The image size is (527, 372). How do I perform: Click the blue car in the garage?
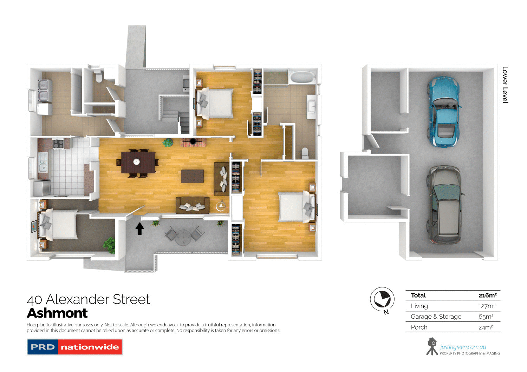click(x=443, y=112)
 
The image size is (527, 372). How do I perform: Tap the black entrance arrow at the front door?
click(x=140, y=228)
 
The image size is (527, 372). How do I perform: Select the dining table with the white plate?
click(x=138, y=162)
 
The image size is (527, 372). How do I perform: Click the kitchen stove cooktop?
click(x=58, y=144)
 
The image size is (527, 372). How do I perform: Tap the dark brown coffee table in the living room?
click(x=192, y=176)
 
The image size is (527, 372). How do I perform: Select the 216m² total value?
click(x=487, y=295)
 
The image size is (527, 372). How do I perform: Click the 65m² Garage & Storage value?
click(x=486, y=317)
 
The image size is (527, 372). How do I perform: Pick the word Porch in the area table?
click(x=419, y=327)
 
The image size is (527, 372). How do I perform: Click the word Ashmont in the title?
click(x=57, y=313)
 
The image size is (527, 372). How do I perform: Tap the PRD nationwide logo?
click(x=74, y=347)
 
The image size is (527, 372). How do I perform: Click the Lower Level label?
click(x=505, y=85)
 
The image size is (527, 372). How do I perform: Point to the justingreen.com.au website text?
click(x=463, y=347)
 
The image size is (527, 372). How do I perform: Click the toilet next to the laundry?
click(x=98, y=76)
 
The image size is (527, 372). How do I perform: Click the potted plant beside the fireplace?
click(x=168, y=142)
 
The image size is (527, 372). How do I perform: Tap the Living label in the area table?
click(x=419, y=306)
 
